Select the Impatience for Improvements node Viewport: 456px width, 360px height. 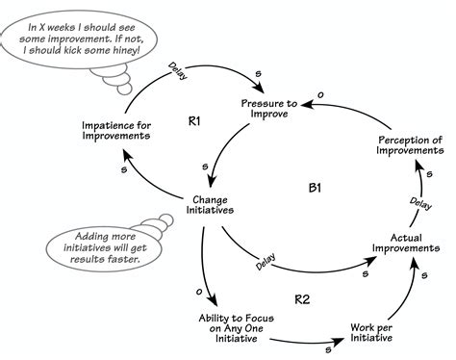pos(116,130)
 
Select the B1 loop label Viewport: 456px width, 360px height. pos(314,189)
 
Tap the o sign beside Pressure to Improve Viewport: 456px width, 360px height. pos(320,93)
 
